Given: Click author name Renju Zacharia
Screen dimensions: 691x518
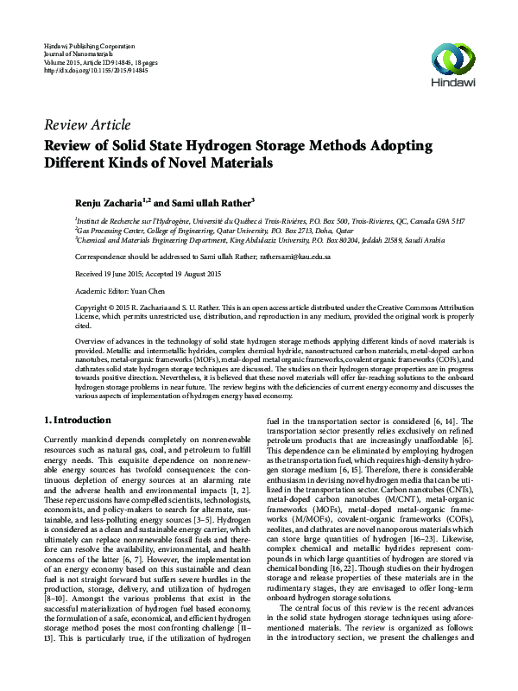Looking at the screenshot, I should pos(110,200).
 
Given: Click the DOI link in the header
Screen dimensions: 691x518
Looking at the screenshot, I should pos(95,70).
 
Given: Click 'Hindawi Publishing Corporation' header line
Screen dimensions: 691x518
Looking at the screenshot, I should pos(90,44).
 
